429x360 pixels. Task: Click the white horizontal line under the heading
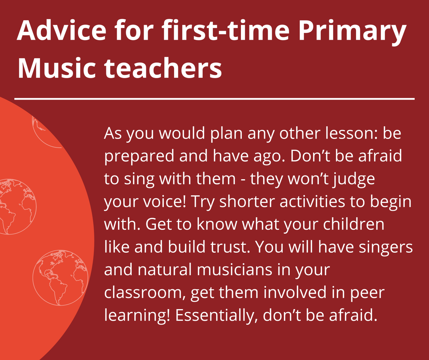214,98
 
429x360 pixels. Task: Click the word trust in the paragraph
232,247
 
